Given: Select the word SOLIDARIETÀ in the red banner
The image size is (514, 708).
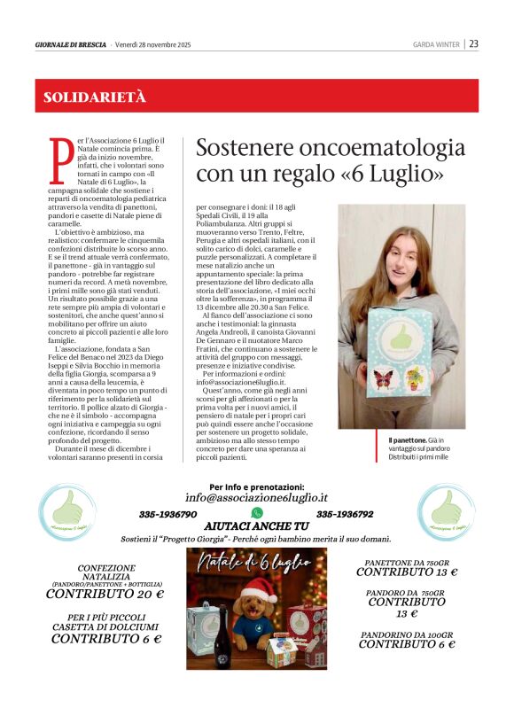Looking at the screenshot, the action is tap(95, 97).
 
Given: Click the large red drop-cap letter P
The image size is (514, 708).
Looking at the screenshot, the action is tap(62, 159).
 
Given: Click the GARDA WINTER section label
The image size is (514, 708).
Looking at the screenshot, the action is tap(437, 44).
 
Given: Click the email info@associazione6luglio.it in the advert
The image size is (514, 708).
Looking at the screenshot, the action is tap(256, 498).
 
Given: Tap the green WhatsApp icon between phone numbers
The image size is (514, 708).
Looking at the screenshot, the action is tap(257, 513).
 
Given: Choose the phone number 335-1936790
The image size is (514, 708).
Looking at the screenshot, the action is tap(167, 514).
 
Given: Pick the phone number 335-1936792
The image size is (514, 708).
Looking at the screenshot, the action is tap(345, 514).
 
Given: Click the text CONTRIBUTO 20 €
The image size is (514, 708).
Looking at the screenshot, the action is tap(105, 594).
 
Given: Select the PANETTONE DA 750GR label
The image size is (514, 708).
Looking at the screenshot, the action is tap(407, 562).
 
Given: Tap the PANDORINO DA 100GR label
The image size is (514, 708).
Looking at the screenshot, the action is tap(407, 634).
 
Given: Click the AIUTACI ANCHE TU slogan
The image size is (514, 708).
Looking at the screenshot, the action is tap(256, 526).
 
